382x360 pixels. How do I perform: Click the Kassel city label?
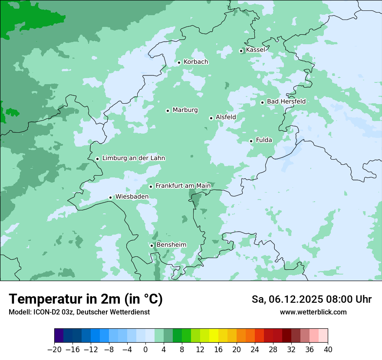pyautogui.click(x=255, y=50)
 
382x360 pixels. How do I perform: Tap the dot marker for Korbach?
pyautogui.click(x=179, y=62)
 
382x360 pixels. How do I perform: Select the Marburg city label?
pyautogui.click(x=185, y=110)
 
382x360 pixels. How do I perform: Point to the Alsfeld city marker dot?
pyautogui.click(x=211, y=118)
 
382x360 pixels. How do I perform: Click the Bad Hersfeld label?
pyautogui.click(x=286, y=101)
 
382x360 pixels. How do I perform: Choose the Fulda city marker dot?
pyautogui.click(x=251, y=141)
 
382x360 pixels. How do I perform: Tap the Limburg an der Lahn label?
pyautogui.click(x=133, y=158)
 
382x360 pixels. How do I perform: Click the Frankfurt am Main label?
pyautogui.click(x=183, y=186)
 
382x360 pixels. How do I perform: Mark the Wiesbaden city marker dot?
pyautogui.click(x=110, y=197)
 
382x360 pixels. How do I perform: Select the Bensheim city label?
pyautogui.click(x=171, y=245)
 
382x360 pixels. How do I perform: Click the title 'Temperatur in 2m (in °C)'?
pyautogui.click(x=86, y=299)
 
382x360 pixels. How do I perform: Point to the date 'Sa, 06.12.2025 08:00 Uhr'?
pyautogui.click(x=311, y=299)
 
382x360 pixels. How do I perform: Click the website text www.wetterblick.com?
pyautogui.click(x=313, y=312)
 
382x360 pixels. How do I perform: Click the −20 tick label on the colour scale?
pyautogui.click(x=54, y=350)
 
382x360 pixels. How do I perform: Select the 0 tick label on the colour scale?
pyautogui.click(x=145, y=350)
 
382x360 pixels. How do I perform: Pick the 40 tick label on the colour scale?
pyautogui.click(x=328, y=350)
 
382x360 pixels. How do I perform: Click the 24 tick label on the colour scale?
pyautogui.click(x=255, y=350)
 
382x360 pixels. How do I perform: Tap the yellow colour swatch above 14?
pyautogui.click(x=214, y=336)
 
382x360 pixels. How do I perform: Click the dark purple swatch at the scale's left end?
pyautogui.click(x=59, y=336)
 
